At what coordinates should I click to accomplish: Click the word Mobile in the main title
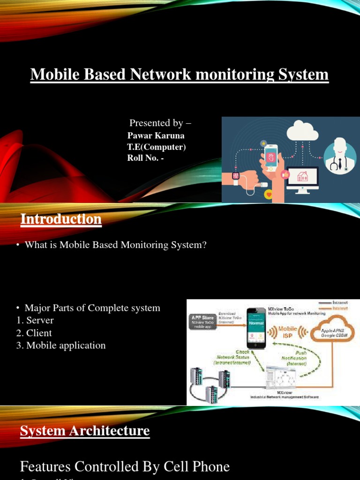(51, 75)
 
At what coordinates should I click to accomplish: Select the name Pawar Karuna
(156, 135)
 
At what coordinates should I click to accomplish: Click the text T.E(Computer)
(157, 147)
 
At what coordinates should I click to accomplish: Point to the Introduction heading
(61, 219)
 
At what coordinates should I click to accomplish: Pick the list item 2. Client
(34, 333)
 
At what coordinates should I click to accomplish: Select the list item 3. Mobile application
(61, 345)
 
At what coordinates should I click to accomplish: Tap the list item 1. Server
(35, 321)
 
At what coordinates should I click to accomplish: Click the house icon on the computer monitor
(302, 177)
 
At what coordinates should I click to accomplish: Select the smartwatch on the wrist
(236, 177)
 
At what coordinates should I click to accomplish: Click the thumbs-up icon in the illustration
(285, 174)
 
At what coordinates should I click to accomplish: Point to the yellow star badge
(264, 142)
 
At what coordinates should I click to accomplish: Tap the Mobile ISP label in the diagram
(287, 332)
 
